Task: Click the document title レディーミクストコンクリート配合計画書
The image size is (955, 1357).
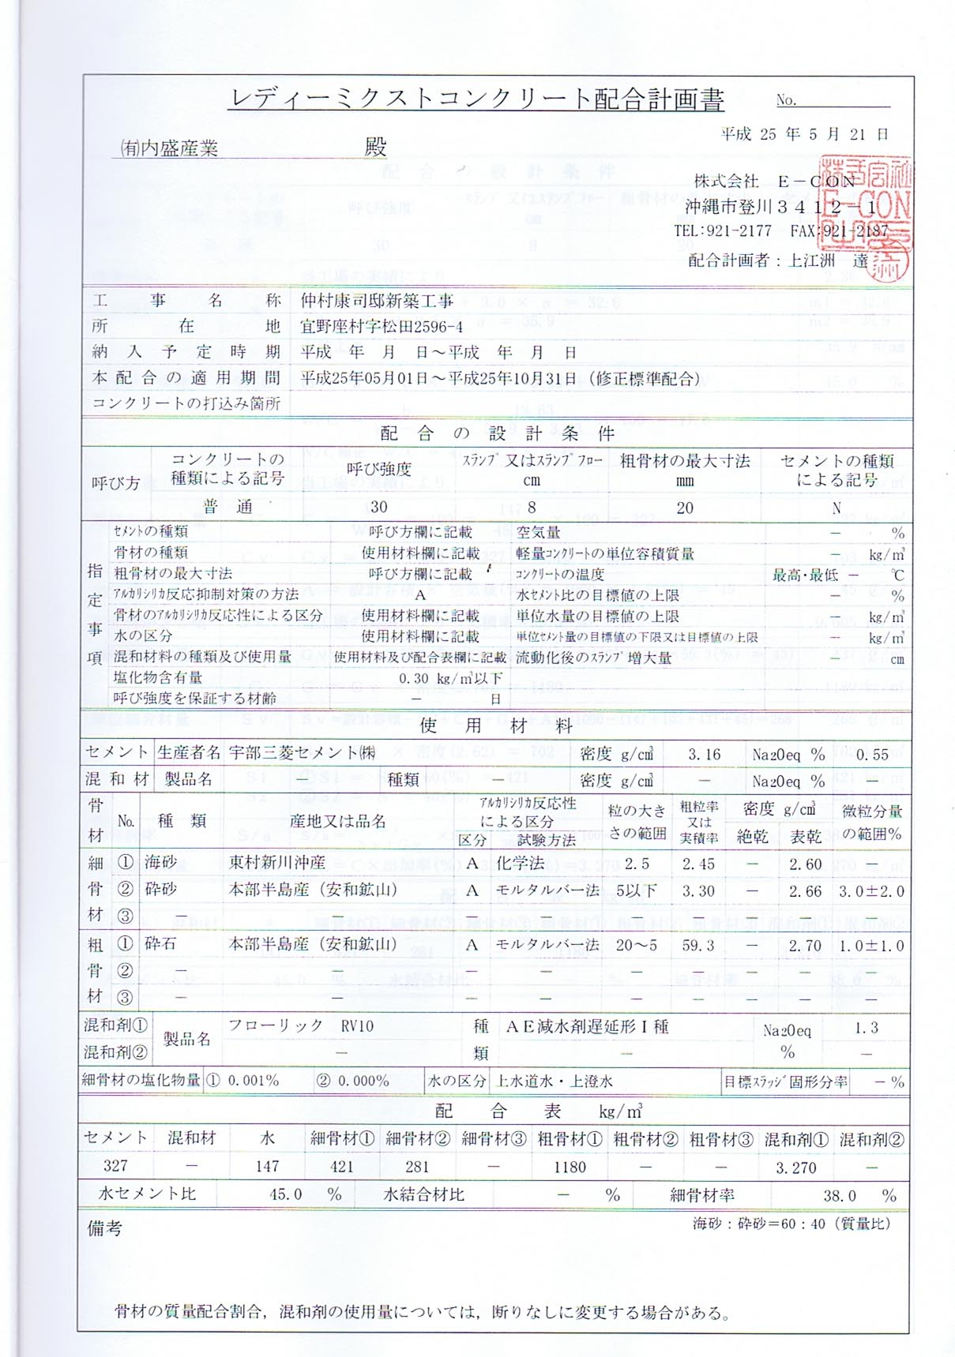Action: point(476,99)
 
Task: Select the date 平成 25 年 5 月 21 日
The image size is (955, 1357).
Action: point(804,134)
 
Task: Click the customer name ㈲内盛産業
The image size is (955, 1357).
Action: point(169,148)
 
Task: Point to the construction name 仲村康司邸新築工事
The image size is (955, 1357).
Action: point(377,301)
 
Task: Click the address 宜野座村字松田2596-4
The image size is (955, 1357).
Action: point(382,326)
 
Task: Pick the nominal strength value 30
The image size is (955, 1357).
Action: point(379,507)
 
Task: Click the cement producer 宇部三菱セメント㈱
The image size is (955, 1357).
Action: point(303,753)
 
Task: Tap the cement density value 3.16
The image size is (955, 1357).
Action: point(703,755)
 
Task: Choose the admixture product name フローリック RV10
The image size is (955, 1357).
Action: point(301,1025)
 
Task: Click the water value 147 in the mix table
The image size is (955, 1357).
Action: point(267,1166)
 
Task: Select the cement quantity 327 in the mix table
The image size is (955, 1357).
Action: point(115,1166)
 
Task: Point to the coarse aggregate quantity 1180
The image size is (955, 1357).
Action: point(570,1167)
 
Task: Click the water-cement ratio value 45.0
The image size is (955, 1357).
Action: point(285,1194)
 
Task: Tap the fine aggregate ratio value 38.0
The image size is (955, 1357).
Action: point(839,1195)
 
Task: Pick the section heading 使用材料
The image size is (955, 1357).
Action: point(495,725)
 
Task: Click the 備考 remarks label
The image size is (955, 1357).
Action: point(104,1228)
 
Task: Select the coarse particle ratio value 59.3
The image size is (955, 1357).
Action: point(698,945)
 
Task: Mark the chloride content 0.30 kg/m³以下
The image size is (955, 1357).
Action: point(450,678)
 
